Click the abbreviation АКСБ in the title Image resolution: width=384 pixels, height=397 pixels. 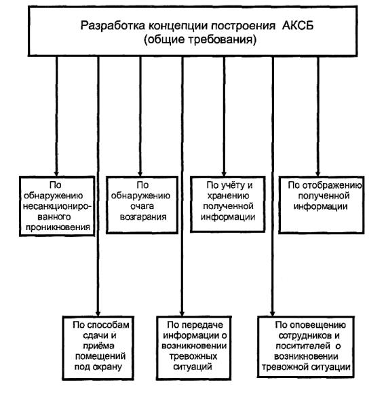[x=298, y=26]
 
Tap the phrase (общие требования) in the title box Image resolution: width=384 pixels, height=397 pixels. [x=200, y=40]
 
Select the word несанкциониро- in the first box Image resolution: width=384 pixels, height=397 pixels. [x=57, y=206]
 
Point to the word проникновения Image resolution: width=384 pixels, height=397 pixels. [x=58, y=227]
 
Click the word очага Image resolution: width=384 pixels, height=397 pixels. [x=142, y=206]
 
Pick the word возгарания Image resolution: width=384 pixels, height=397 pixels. [x=143, y=217]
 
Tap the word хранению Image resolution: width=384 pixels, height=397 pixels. [x=229, y=195]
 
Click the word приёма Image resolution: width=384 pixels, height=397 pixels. [x=98, y=345]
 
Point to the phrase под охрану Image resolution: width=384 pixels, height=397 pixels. [x=98, y=367]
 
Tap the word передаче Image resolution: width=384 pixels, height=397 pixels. [x=202, y=325]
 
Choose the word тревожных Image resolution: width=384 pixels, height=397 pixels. [x=193, y=356]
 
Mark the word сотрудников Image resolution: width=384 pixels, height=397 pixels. [x=305, y=335]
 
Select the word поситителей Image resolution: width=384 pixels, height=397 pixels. [x=303, y=346]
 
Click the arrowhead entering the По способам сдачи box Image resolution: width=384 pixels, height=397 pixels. [x=98, y=312]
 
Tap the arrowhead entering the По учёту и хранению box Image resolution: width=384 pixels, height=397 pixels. [x=224, y=173]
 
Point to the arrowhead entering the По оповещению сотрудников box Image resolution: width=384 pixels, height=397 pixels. [x=272, y=313]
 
